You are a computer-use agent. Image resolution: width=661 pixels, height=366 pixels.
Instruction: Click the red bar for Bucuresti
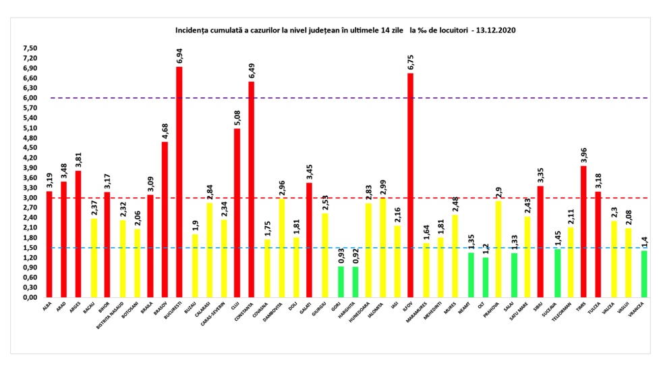[179, 182]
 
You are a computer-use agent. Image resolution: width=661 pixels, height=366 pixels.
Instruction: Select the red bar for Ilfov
[410, 185]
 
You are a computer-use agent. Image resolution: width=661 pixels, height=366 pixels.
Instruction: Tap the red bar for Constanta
[251, 190]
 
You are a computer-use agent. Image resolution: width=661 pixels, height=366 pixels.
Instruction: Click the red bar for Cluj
[237, 213]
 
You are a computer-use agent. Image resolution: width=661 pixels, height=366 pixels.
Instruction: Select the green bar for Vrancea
[643, 274]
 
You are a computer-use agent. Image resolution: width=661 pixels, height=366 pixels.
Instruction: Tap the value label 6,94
[179, 55]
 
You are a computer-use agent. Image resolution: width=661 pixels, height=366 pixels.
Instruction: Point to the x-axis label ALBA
[47, 307]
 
